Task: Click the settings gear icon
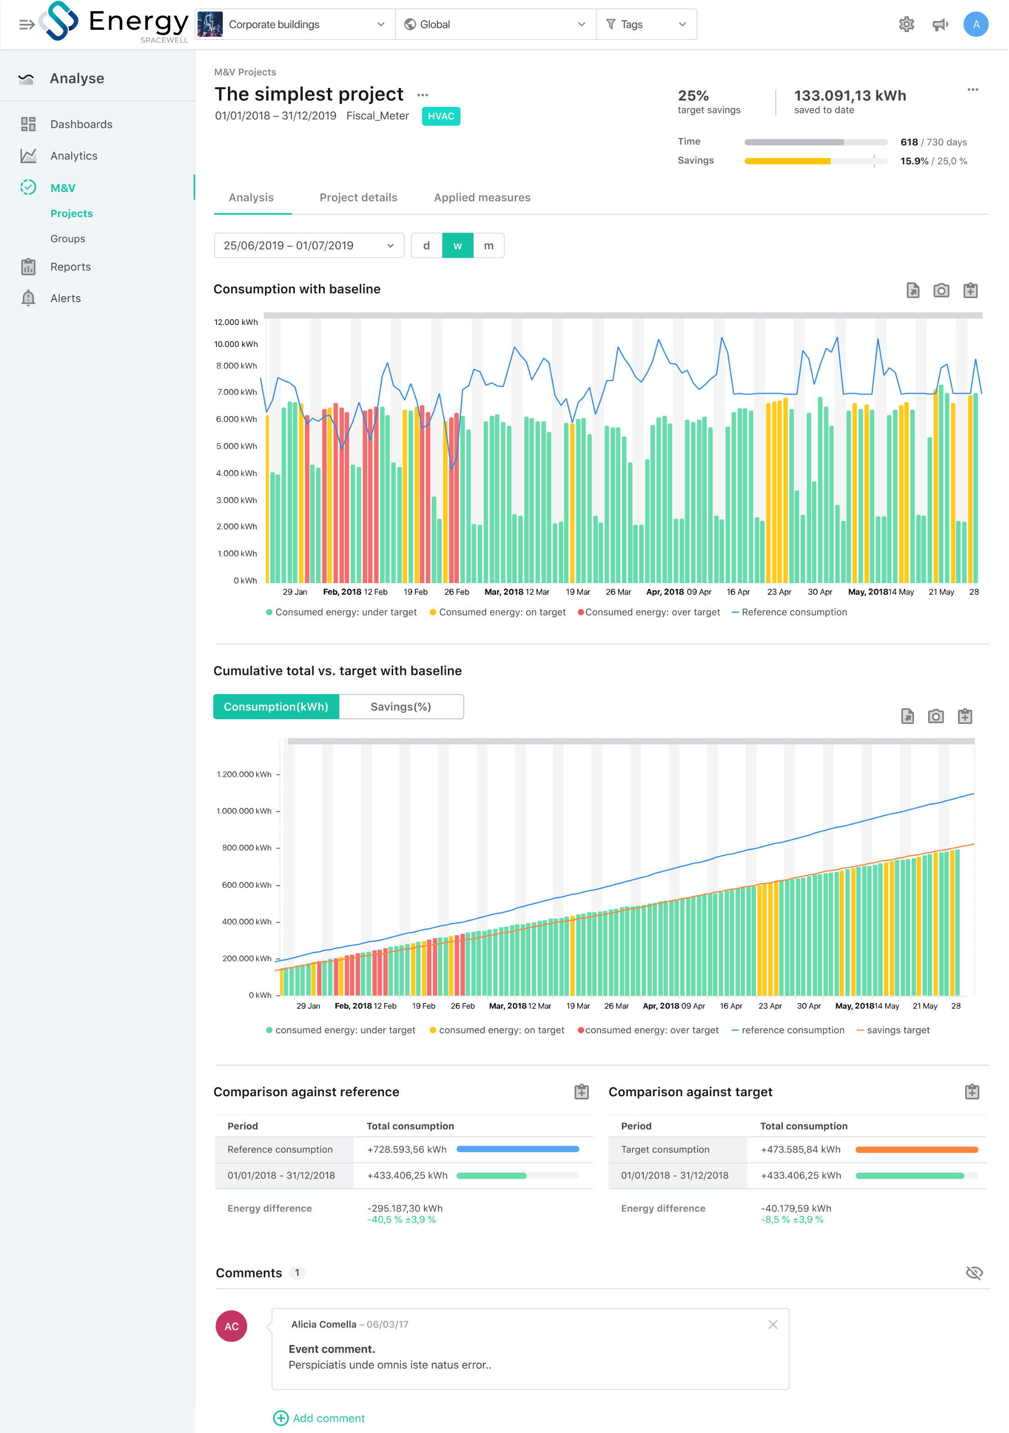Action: pyautogui.click(x=906, y=24)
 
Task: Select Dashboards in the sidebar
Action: pyautogui.click(x=81, y=124)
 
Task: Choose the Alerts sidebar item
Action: pyautogui.click(x=65, y=298)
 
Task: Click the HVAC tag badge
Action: pyautogui.click(x=440, y=116)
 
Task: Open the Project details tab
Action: pyautogui.click(x=358, y=197)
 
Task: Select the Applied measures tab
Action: pyautogui.click(x=482, y=197)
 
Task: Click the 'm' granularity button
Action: pyautogui.click(x=489, y=245)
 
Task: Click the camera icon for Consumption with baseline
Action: pyautogui.click(x=941, y=290)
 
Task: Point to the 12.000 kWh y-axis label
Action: pyautogui.click(x=235, y=322)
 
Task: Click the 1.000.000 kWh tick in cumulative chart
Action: pyautogui.click(x=244, y=811)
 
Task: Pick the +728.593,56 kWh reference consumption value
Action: pyautogui.click(x=407, y=1149)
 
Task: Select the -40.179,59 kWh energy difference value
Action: pyautogui.click(x=796, y=1208)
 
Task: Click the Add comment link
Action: pyautogui.click(x=328, y=1418)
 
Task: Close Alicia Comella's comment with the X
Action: pyautogui.click(x=772, y=1324)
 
